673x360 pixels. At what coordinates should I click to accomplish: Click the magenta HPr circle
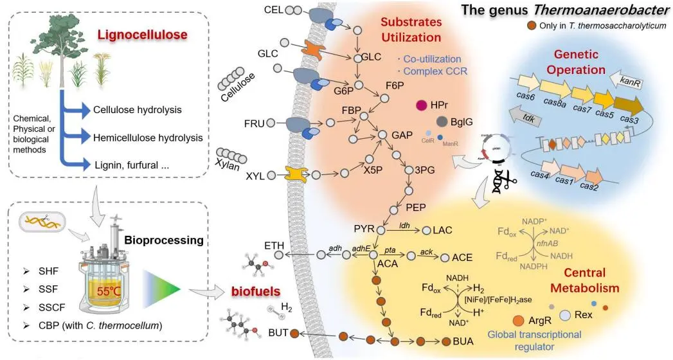click(x=422, y=105)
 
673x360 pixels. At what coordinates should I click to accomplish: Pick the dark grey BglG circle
click(x=442, y=122)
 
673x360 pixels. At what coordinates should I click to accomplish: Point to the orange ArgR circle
click(x=518, y=319)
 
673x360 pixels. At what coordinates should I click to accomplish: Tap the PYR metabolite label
click(x=364, y=229)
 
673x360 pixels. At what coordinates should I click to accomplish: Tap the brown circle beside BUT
click(x=295, y=333)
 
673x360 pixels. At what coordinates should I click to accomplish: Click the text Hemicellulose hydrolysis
click(x=148, y=138)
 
